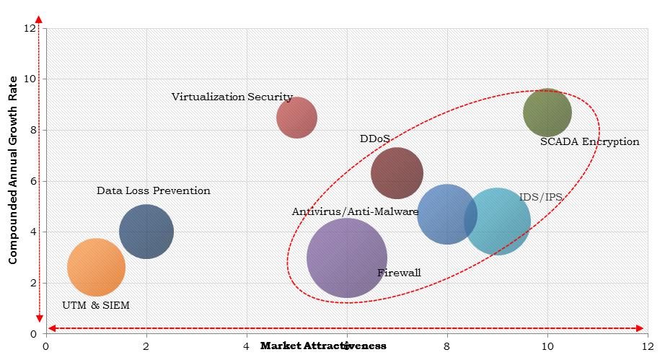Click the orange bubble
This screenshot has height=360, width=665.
pos(96,268)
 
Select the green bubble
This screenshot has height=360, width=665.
pos(547,113)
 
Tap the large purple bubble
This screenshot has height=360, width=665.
pos(347,258)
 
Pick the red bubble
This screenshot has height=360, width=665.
pos(296,117)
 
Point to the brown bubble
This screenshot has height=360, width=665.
pos(397,173)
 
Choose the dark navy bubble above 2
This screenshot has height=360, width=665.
pos(146,232)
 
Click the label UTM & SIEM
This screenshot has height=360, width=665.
pos(96,305)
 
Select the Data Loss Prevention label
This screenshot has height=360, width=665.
pos(154,191)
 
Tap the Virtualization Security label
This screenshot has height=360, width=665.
pos(232,97)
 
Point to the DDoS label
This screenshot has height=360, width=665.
pos(375,139)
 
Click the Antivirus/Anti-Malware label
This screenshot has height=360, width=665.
pos(355,212)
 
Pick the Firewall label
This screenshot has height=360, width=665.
pos(399,273)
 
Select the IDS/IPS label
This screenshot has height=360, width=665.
pos(540,197)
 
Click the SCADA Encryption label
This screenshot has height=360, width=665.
pos(589,142)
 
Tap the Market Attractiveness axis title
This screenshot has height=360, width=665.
pos(323,346)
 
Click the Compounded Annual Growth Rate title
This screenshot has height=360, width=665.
pos(13,180)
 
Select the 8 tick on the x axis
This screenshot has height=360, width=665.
pos(447,345)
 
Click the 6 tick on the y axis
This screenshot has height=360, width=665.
pos(32,181)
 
